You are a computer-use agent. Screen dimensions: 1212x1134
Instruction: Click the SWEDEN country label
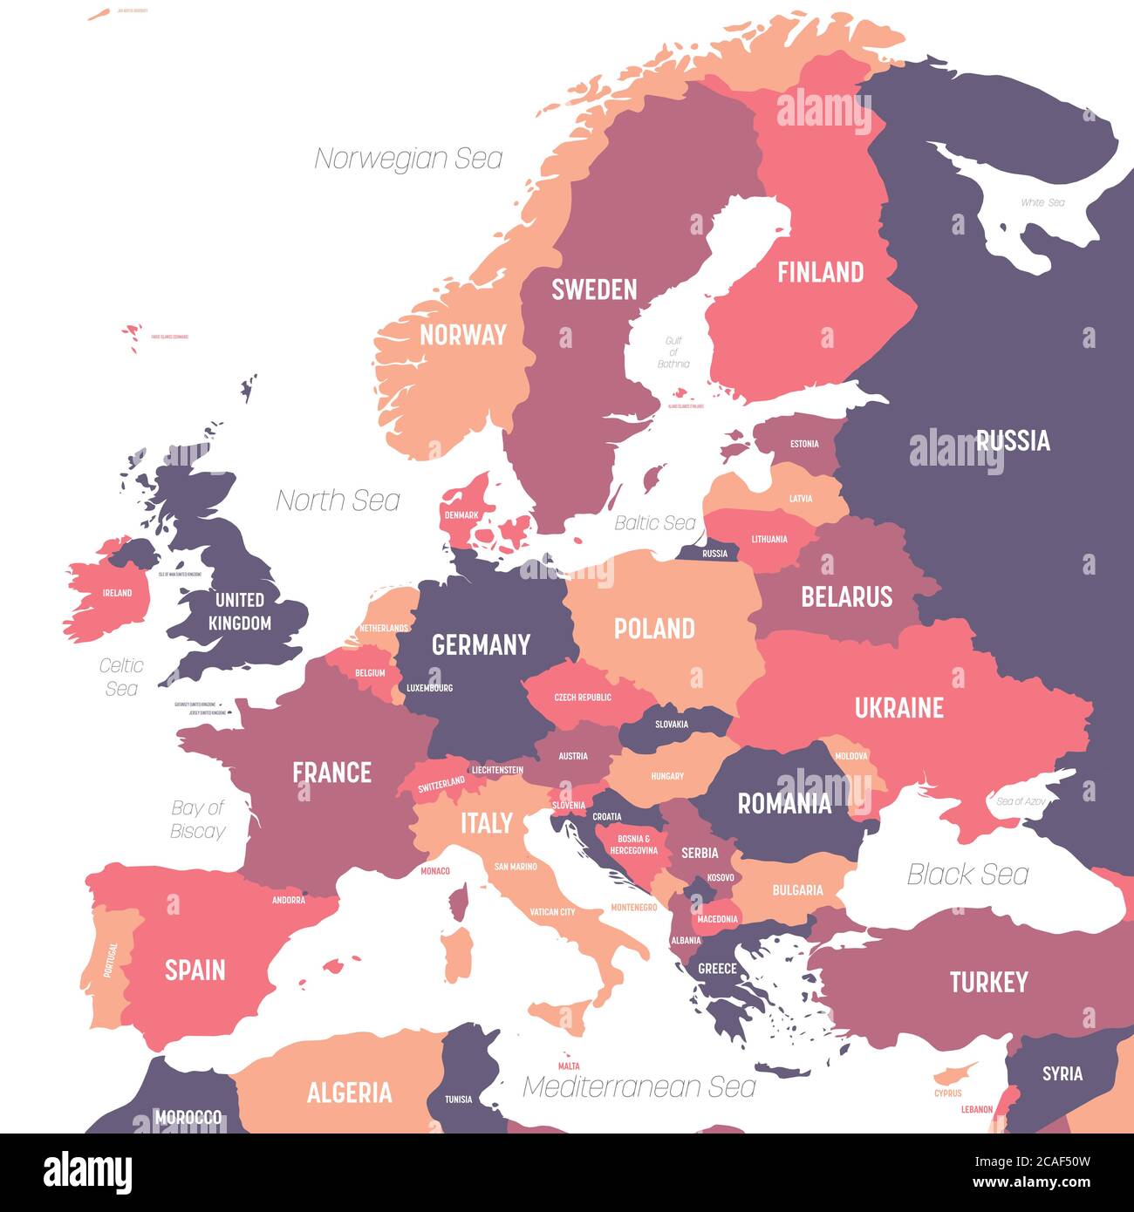(x=594, y=289)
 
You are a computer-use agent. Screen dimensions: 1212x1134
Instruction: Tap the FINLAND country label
(x=820, y=272)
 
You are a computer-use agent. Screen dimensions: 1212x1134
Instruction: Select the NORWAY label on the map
(x=462, y=335)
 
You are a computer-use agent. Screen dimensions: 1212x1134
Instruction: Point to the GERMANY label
(x=481, y=644)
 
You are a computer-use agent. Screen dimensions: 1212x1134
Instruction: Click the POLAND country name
(x=654, y=629)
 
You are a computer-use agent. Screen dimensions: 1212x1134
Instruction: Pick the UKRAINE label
(x=898, y=707)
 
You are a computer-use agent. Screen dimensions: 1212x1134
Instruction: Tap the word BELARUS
(x=846, y=596)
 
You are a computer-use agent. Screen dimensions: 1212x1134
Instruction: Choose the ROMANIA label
(x=784, y=803)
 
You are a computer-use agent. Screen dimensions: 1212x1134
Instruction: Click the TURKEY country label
(x=988, y=983)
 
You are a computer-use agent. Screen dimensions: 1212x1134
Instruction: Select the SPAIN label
(x=195, y=970)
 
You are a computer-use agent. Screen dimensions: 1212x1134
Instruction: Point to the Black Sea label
(x=967, y=874)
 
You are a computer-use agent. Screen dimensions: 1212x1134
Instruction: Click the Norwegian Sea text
(x=408, y=159)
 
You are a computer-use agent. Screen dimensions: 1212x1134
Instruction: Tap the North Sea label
(x=338, y=500)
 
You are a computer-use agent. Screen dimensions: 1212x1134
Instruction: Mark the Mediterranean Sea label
(x=639, y=1086)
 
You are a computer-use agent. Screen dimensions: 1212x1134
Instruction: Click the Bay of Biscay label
(x=198, y=820)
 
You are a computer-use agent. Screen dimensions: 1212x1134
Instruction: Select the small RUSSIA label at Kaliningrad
(x=714, y=554)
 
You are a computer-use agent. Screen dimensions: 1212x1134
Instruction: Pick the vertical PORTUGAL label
(x=111, y=959)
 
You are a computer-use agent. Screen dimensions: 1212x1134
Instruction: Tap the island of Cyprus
(x=949, y=1075)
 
